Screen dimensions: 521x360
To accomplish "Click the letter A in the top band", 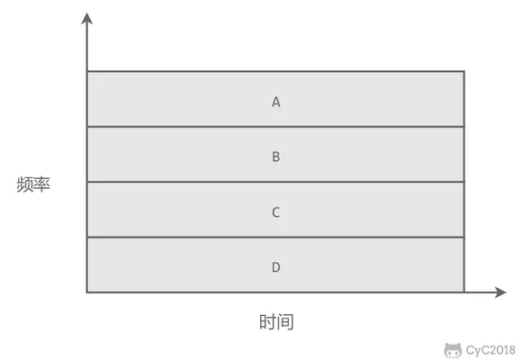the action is click(275, 102).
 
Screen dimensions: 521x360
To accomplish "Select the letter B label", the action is click(275, 157).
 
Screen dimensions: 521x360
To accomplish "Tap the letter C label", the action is click(275, 212).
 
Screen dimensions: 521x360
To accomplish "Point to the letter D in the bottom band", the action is click(275, 267).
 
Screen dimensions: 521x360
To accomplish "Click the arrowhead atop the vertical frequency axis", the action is click(86, 19).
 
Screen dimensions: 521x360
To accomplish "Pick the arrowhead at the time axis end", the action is click(500, 292).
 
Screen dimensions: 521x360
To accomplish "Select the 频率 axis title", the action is click(33, 184).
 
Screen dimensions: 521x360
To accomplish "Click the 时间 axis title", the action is click(276, 322).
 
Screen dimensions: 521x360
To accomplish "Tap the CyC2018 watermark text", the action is click(490, 350).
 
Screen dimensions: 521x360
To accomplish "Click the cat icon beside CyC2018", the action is click(453, 350).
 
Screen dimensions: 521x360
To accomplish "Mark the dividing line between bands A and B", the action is click(275, 127).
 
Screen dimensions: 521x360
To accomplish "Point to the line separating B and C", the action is click(275, 182).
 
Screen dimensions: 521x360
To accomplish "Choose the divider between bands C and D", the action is click(275, 238).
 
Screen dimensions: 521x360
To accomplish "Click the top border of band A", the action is click(275, 71).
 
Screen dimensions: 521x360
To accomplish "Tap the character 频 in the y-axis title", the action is click(24, 184).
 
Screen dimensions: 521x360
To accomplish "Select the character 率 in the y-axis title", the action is click(42, 184).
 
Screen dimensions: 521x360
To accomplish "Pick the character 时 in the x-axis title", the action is click(267, 322).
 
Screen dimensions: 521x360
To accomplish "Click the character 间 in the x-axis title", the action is click(285, 322).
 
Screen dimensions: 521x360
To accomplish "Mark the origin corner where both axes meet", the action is click(87, 292).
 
